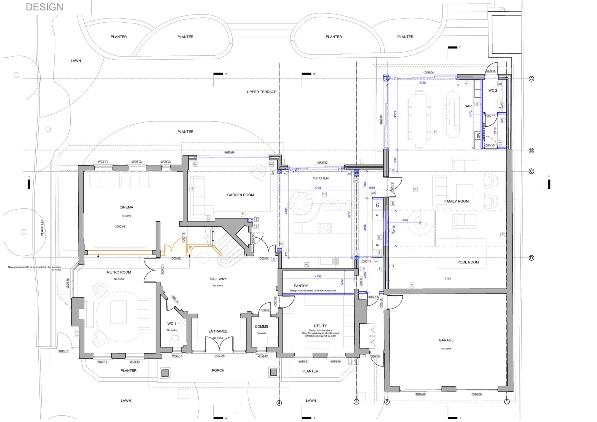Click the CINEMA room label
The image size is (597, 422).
(x=126, y=207)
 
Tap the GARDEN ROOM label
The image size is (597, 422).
(x=240, y=195)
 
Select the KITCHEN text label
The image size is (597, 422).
(x=321, y=178)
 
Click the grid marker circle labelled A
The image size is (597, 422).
(x=531, y=79)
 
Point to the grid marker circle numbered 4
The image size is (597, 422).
(x=279, y=403)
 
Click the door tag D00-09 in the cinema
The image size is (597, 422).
(x=121, y=227)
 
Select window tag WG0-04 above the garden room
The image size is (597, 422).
(x=229, y=152)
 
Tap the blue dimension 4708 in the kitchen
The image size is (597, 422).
(x=318, y=188)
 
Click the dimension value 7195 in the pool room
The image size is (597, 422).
(x=448, y=279)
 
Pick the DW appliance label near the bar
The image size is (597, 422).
(x=478, y=136)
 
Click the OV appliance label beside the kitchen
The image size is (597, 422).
(x=377, y=205)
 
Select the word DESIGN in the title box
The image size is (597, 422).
(x=44, y=7)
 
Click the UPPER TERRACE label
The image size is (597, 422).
(x=262, y=92)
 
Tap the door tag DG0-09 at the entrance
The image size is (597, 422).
(x=219, y=356)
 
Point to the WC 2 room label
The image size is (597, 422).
(x=492, y=91)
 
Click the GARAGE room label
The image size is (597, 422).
(x=446, y=340)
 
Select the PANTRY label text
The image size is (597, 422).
(x=301, y=286)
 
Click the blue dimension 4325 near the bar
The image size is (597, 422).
(x=422, y=83)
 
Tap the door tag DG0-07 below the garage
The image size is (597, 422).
(x=420, y=394)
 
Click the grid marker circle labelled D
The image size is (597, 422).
(x=531, y=258)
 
